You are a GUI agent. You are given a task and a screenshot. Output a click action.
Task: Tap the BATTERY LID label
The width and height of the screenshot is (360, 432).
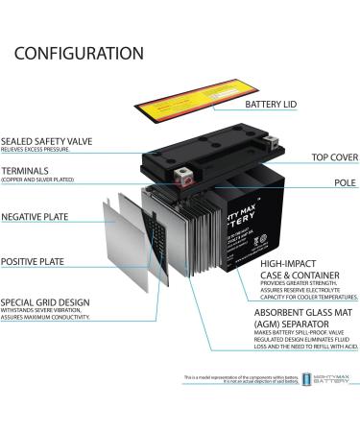coord(277,105)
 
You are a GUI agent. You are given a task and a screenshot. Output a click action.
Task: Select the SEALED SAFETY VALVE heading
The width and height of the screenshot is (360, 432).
coord(47,141)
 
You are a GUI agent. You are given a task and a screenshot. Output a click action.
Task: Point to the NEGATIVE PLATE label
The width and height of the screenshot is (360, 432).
coord(38,217)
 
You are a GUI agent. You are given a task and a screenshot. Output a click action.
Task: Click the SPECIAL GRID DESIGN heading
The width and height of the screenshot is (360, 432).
coord(45,300)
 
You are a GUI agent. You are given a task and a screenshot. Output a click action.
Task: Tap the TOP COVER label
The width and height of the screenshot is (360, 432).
coord(334,157)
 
